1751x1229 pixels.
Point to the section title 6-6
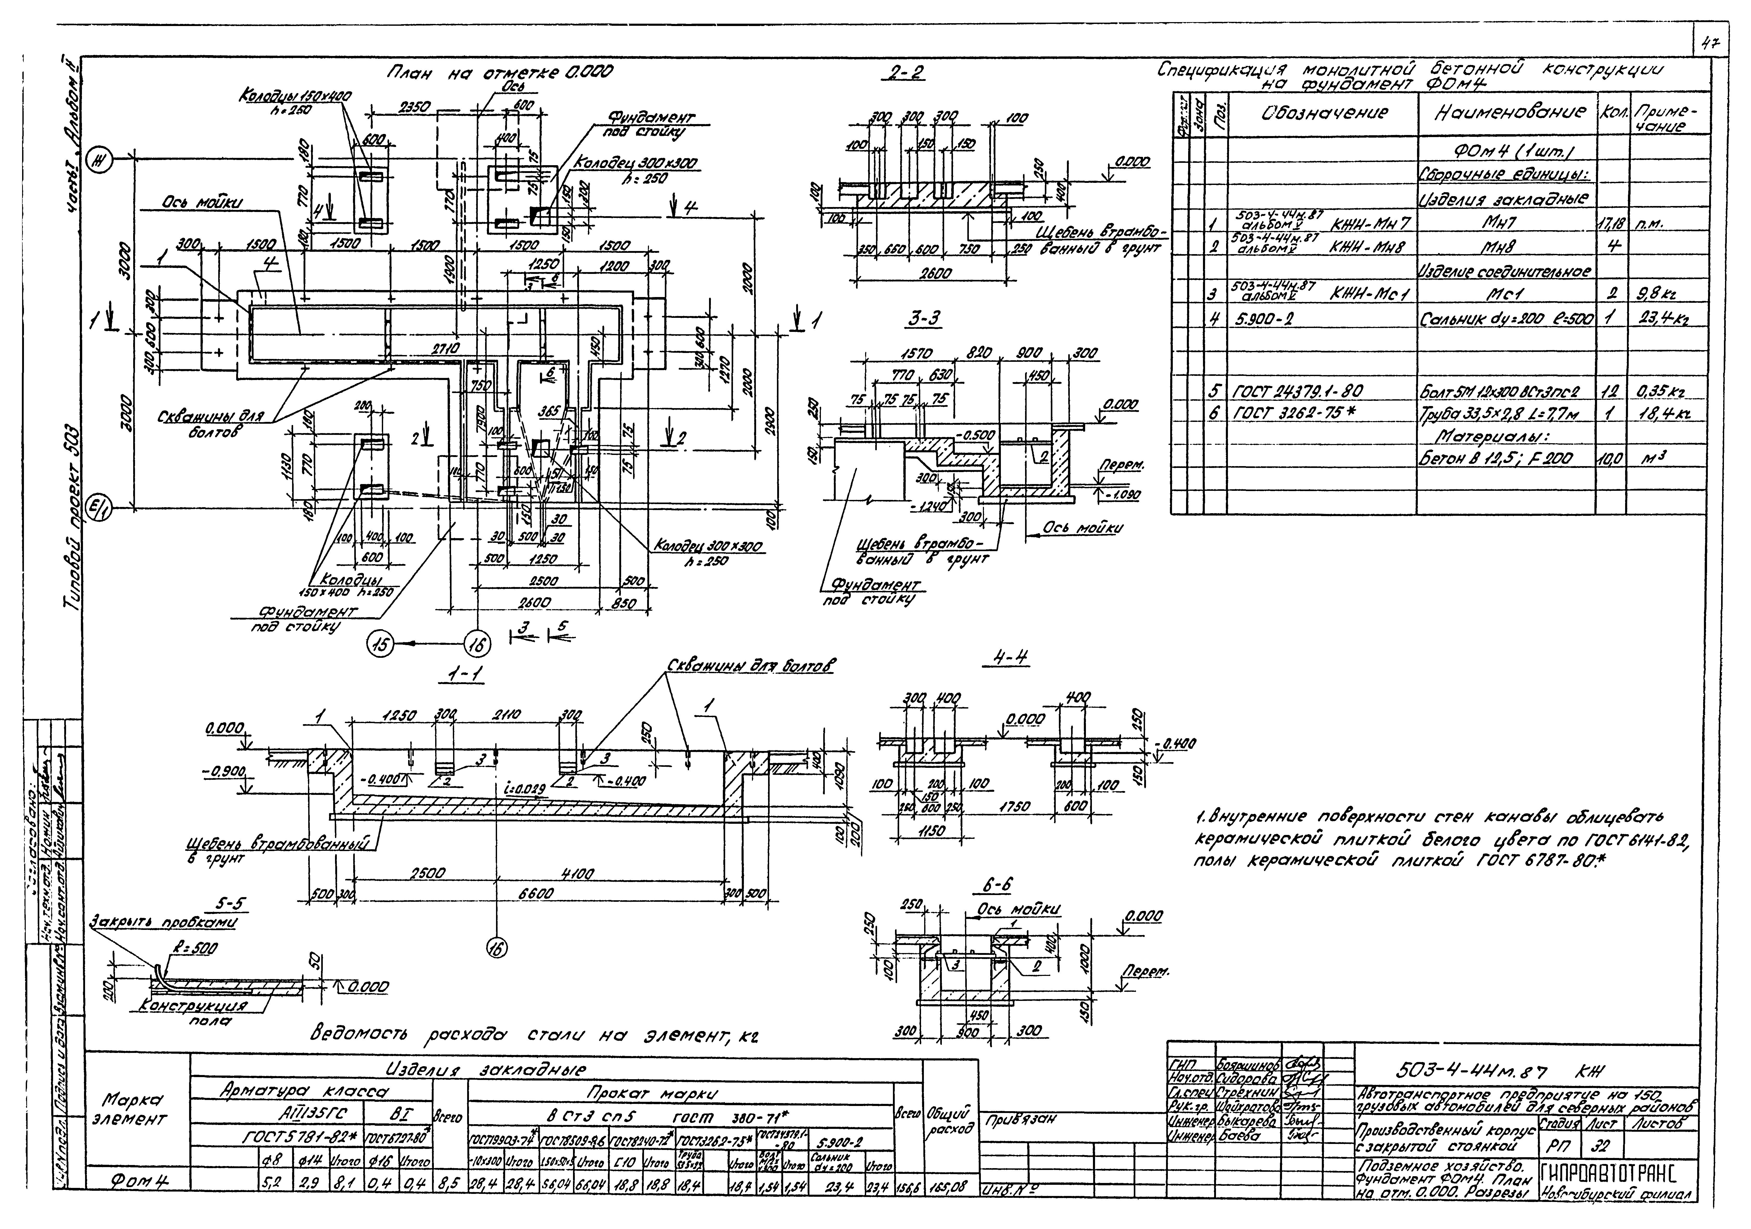point(996,886)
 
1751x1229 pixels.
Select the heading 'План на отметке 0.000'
point(499,73)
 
